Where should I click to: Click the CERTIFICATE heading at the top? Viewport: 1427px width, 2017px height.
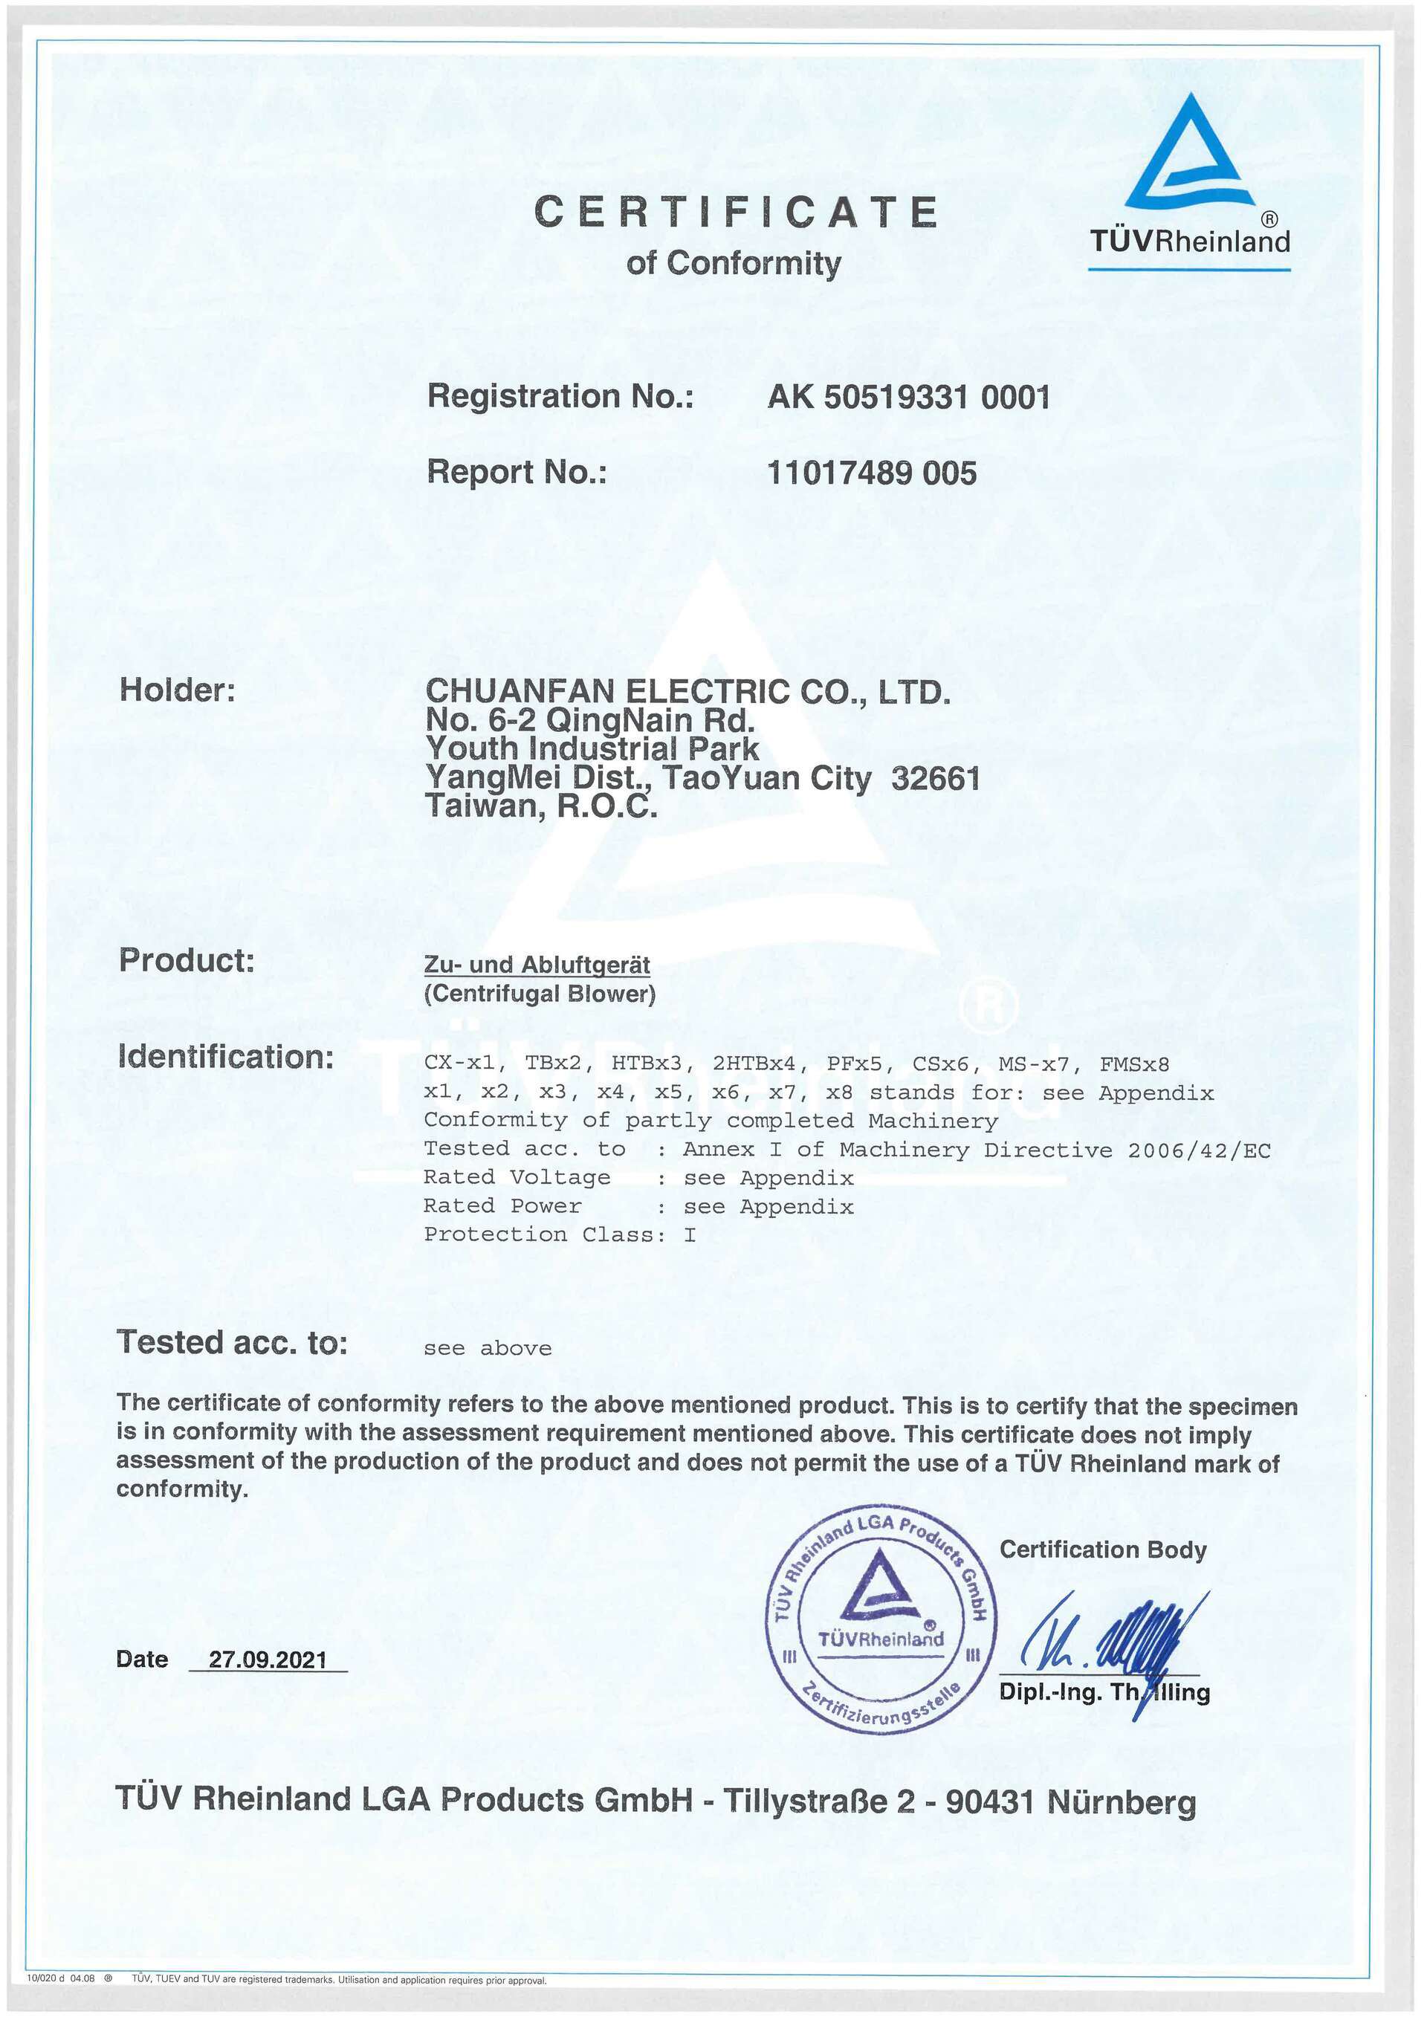[x=736, y=212]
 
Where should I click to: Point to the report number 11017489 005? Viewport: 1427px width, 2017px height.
[x=871, y=473]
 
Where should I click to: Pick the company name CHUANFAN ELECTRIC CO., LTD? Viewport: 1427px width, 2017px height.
[x=687, y=691]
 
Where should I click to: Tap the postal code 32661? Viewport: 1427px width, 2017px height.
[x=935, y=778]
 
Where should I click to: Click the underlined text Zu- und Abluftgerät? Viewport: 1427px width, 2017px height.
[x=537, y=965]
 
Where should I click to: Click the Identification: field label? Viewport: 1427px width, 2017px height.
[x=226, y=1057]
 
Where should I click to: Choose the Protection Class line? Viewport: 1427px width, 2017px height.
[x=560, y=1234]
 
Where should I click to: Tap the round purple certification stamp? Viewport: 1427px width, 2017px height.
[x=881, y=1627]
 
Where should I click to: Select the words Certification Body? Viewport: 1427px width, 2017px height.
[x=1103, y=1550]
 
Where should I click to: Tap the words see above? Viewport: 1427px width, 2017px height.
[x=488, y=1348]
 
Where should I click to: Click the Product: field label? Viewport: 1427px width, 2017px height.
[x=187, y=960]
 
